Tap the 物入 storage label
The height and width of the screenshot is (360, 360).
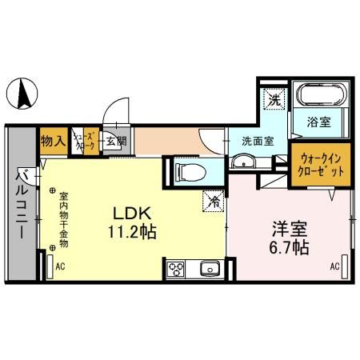point(54,142)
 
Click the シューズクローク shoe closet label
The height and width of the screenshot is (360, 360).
point(85,142)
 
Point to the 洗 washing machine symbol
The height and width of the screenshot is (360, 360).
point(274,101)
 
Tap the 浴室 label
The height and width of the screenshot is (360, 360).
point(322,123)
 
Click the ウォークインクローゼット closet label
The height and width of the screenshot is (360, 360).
point(320,165)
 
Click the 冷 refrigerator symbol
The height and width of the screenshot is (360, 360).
point(215,202)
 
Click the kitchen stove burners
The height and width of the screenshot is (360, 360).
point(176,268)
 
